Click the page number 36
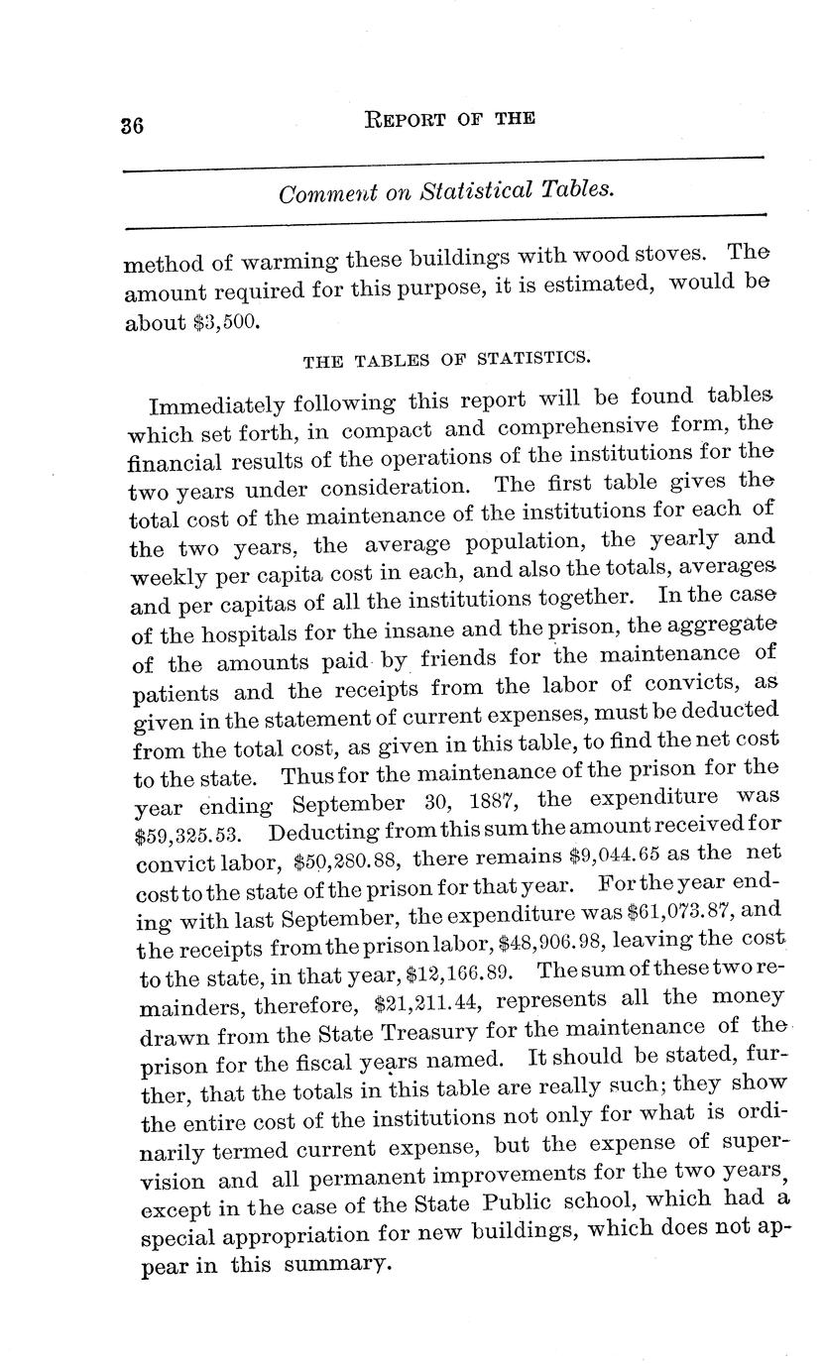coord(133,126)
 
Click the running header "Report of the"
coord(450,119)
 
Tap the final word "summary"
coord(333,1264)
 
